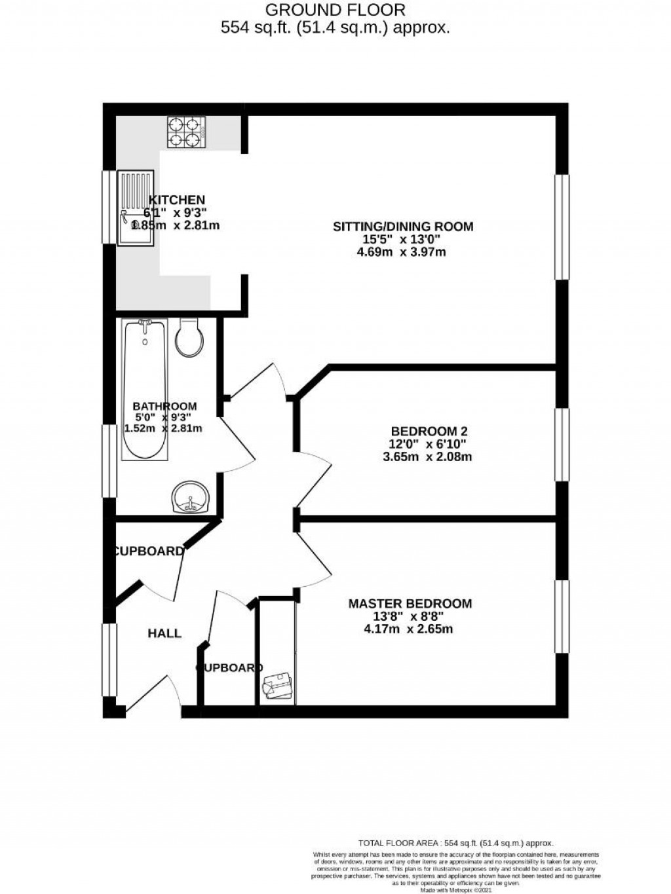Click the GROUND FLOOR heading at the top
tap(335, 10)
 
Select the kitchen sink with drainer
tap(136, 208)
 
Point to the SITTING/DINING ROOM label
tap(403, 227)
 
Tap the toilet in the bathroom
tap(191, 337)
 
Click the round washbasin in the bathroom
tap(191, 498)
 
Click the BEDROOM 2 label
tap(429, 432)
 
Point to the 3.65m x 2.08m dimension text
tap(427, 456)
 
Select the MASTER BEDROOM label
tap(410, 604)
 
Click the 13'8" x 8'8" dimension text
tap(409, 616)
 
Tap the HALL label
tap(164, 633)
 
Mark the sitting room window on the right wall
tap(562, 227)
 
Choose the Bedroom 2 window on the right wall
tap(562, 445)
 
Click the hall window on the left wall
tap(109, 660)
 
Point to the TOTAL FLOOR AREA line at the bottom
tap(455, 843)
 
